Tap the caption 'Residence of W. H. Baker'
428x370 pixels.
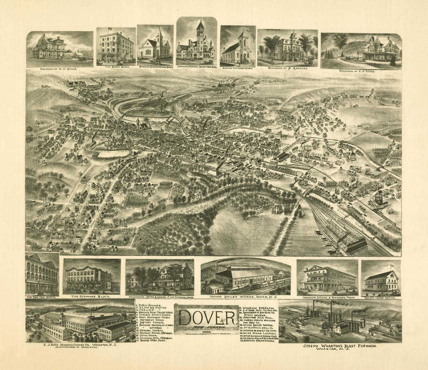tap(59, 69)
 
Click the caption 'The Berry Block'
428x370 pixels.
tap(116, 67)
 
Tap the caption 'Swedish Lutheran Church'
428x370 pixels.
tap(238, 68)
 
